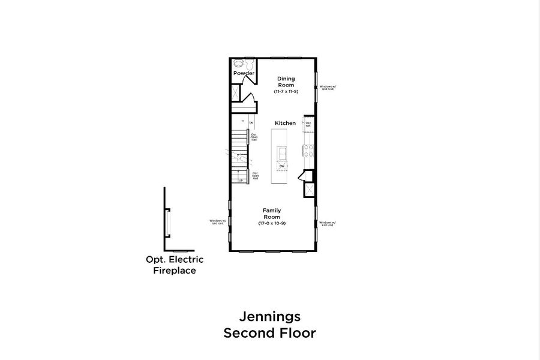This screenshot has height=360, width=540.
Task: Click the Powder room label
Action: (x=244, y=73)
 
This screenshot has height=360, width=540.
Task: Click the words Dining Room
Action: (x=286, y=82)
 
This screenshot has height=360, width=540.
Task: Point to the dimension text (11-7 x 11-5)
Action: (x=286, y=92)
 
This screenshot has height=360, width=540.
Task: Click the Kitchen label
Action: (x=285, y=123)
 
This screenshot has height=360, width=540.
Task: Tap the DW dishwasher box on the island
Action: (x=281, y=166)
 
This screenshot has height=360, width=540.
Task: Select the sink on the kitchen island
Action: (x=281, y=155)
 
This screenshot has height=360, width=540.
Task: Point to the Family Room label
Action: (x=272, y=214)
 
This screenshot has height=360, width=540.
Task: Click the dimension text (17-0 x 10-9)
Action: (x=272, y=223)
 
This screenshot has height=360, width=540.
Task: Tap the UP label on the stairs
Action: (x=241, y=180)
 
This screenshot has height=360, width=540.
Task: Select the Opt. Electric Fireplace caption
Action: (x=175, y=265)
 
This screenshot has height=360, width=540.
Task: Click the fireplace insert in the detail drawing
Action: (x=169, y=223)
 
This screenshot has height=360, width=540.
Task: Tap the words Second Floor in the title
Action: (x=269, y=333)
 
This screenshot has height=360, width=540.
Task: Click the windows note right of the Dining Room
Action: (x=328, y=87)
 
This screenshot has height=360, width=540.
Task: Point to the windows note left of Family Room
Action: (x=217, y=221)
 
